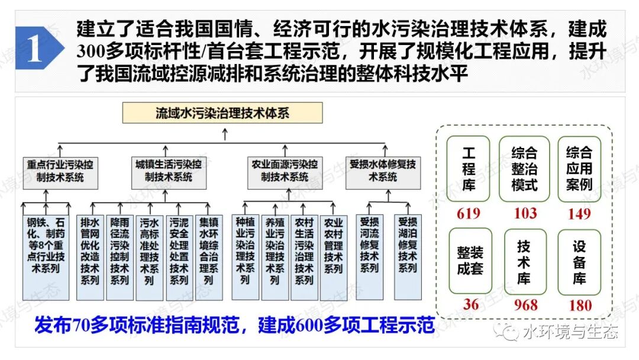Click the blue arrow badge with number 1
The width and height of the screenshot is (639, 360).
(x=38, y=48)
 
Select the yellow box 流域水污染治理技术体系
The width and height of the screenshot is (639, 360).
(x=222, y=113)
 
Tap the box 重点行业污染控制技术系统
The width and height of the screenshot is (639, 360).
(x=60, y=173)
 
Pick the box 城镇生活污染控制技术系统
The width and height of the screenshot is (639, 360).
(x=169, y=173)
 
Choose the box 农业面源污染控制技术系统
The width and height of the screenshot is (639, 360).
(x=285, y=173)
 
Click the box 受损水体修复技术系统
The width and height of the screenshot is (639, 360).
(x=383, y=173)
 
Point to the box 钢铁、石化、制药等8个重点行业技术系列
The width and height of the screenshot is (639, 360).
(x=46, y=258)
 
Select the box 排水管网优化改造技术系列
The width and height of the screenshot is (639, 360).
(x=90, y=258)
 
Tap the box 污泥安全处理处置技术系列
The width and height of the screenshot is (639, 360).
(x=179, y=258)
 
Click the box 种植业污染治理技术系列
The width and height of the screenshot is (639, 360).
(x=246, y=258)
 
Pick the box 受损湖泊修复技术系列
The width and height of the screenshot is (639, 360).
(x=408, y=258)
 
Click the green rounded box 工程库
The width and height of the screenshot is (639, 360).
(x=468, y=169)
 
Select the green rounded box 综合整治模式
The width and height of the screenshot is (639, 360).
(x=524, y=169)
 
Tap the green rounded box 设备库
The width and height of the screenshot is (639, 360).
(x=579, y=262)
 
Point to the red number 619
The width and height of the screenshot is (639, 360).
(x=468, y=213)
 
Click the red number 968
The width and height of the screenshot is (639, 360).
(x=526, y=305)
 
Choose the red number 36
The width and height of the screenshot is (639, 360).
(x=471, y=304)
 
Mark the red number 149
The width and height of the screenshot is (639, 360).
(x=579, y=213)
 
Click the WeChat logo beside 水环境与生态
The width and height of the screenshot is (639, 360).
(x=506, y=331)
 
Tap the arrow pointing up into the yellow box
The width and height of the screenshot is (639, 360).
(x=225, y=134)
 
